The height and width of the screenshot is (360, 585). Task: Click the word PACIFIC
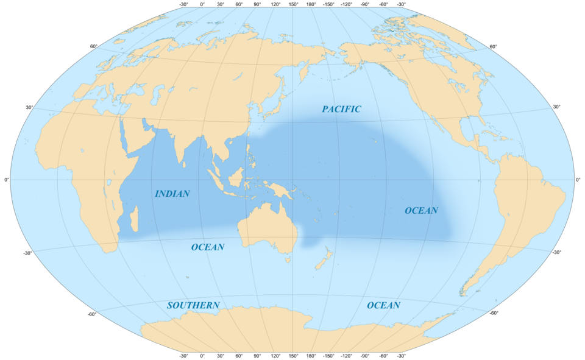pos(342,109)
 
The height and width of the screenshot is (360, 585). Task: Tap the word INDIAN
pos(172,194)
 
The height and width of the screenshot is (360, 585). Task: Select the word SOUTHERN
pos(193,305)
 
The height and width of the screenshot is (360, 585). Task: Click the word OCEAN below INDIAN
pos(208,247)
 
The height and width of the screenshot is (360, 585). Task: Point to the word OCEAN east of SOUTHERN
pos(383,305)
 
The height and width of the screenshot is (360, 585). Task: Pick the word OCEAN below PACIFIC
pos(421,210)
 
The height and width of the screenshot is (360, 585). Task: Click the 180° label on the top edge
pos(311,5)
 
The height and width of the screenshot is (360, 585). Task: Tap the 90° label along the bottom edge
pos(257,356)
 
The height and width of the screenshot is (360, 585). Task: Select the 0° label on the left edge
pos(7,180)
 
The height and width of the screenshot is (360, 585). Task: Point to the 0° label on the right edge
pos(578,180)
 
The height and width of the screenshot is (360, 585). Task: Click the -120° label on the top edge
pos(347,5)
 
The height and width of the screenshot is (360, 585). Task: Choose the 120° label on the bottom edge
pos(275,356)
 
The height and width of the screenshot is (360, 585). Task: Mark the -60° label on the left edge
pos(91,314)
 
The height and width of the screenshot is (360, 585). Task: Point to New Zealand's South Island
pos(319,263)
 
